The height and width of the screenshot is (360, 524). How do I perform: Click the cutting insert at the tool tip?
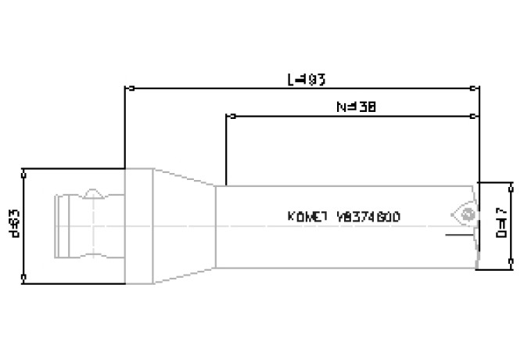pyautogui.click(x=465, y=213)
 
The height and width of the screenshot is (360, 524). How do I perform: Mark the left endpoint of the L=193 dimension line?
pyautogui.click(x=127, y=87)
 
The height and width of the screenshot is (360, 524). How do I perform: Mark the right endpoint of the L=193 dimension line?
pyautogui.click(x=479, y=87)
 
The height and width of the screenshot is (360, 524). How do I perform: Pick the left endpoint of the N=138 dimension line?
pyautogui.click(x=227, y=116)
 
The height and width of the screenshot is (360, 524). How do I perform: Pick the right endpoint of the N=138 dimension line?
pyautogui.click(x=479, y=116)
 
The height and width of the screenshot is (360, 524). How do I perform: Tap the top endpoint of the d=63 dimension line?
pyautogui.click(x=25, y=169)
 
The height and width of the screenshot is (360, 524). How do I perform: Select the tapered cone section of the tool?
pyautogui.click(x=185, y=224)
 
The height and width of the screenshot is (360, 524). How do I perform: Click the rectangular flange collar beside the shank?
pyautogui.click(x=138, y=224)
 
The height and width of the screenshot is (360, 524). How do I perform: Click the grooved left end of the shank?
pyautogui.click(x=63, y=224)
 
